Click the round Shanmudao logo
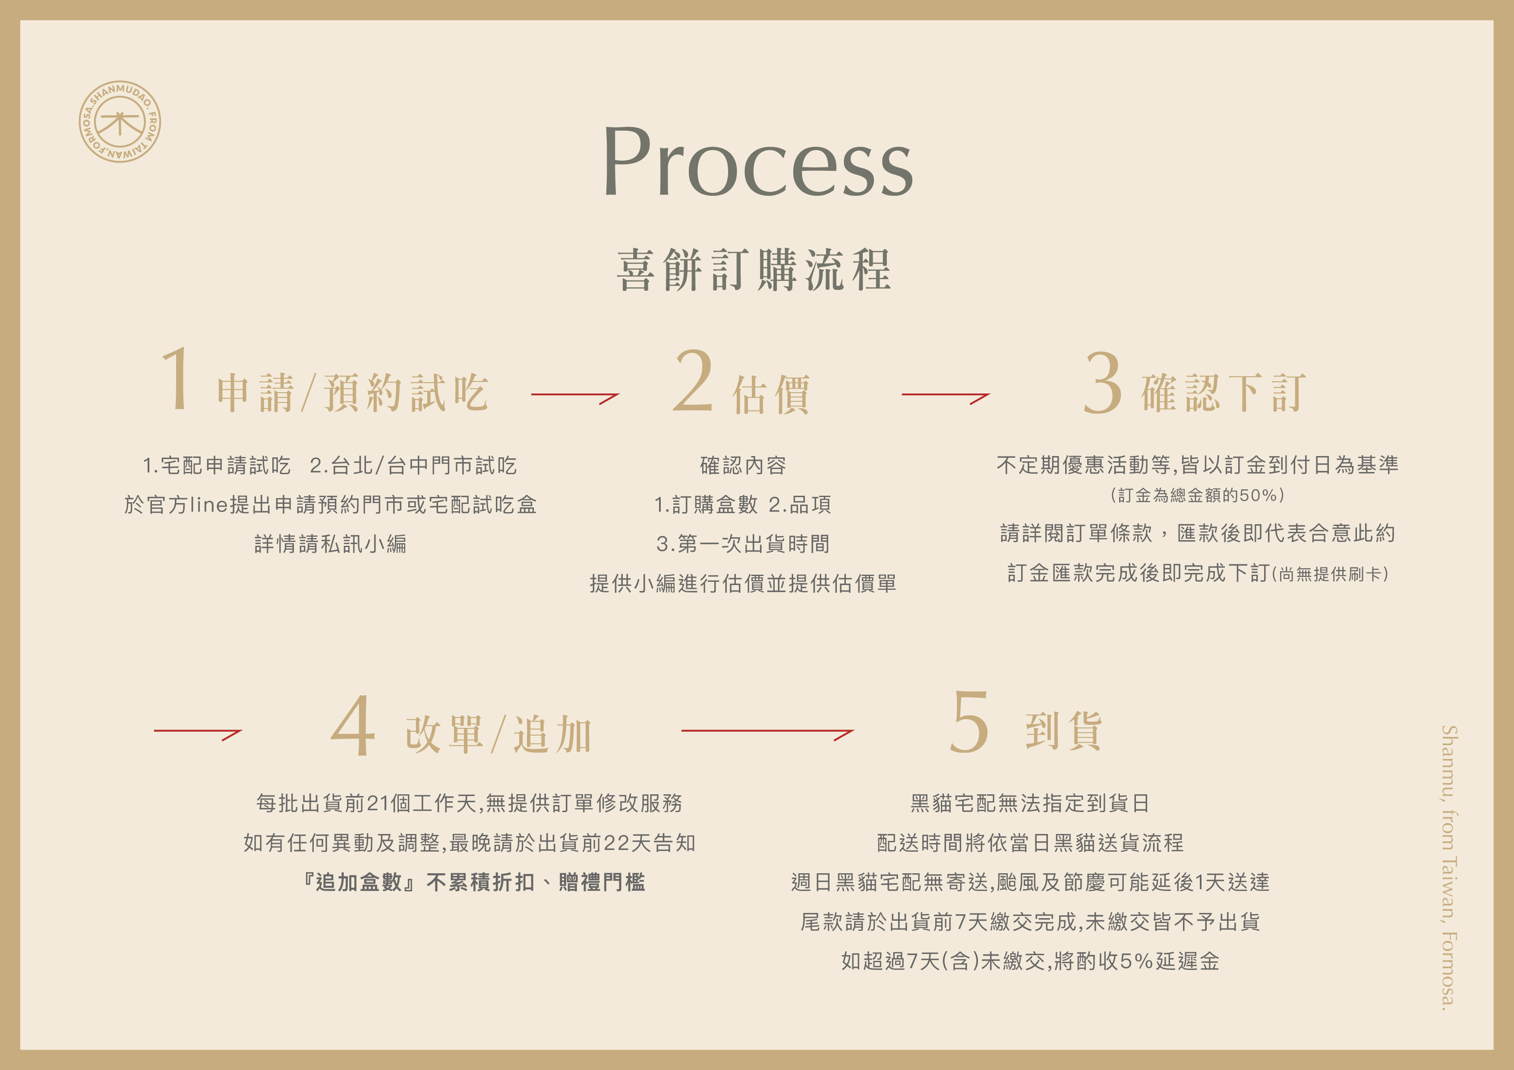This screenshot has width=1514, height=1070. tap(120, 122)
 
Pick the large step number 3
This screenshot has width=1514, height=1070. tap(1103, 383)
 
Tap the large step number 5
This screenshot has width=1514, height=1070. tap(968, 723)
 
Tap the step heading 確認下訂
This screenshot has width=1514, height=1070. tap(1223, 393)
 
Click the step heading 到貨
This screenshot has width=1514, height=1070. tap(1063, 731)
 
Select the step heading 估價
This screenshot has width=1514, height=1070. tap(771, 394)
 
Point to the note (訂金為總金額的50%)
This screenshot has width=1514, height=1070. tap(1197, 495)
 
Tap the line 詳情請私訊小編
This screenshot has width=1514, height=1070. tap(330, 544)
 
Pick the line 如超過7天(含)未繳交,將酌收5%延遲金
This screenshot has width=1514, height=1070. tap(1030, 961)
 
